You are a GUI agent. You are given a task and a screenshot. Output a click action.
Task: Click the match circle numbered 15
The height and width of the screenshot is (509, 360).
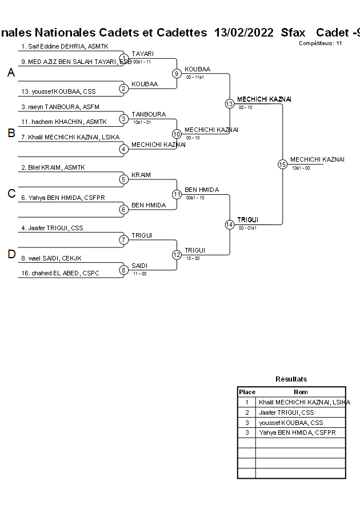[282, 164]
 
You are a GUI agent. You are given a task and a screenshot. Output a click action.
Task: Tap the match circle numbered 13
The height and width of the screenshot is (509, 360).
[229, 103]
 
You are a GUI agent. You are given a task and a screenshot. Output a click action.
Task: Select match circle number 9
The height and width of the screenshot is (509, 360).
[177, 73]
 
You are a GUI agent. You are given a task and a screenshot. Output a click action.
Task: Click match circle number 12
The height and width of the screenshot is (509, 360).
[177, 255]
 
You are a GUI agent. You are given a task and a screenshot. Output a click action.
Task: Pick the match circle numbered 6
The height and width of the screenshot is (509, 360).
[123, 210]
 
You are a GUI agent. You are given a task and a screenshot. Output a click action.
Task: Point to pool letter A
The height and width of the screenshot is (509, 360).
[11, 73]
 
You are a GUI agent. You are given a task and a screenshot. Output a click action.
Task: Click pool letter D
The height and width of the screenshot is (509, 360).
[11, 255]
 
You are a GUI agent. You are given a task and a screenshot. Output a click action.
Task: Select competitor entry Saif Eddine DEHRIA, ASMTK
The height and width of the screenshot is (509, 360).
[65, 46]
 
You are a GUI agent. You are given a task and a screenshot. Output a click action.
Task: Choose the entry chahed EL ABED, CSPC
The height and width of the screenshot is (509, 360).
[60, 273]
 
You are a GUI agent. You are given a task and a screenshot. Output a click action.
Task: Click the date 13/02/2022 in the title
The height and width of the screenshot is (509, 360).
[245, 33]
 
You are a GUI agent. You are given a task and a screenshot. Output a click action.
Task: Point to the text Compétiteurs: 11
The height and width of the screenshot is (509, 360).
[320, 43]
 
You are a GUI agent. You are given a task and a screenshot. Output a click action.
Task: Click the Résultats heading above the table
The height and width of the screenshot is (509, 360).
[291, 379]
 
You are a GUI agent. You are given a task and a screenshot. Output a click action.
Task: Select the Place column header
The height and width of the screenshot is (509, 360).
[247, 392]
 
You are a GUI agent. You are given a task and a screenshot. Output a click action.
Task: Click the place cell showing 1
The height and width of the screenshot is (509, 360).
[247, 402]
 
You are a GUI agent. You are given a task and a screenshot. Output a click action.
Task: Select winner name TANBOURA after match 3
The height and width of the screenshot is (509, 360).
[149, 114]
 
